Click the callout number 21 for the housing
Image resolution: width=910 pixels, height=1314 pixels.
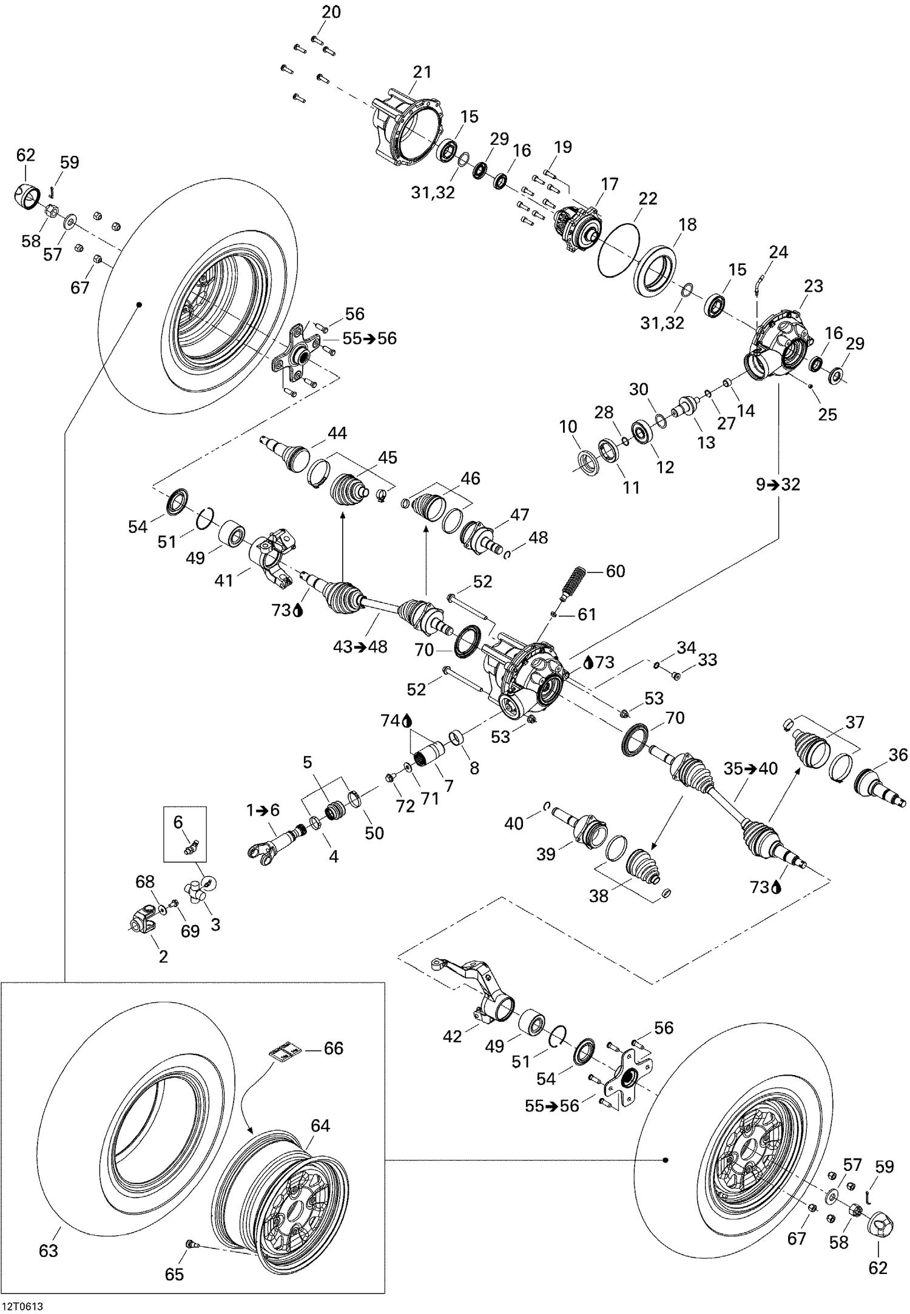tap(422, 72)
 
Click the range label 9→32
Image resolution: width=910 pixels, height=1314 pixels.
tap(778, 484)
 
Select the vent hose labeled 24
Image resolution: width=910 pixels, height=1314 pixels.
tap(757, 284)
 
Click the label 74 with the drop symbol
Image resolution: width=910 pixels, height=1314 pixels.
tap(396, 721)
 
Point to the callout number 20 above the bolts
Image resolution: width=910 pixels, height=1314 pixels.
tap(331, 12)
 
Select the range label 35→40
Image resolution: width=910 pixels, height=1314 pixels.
tap(750, 769)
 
